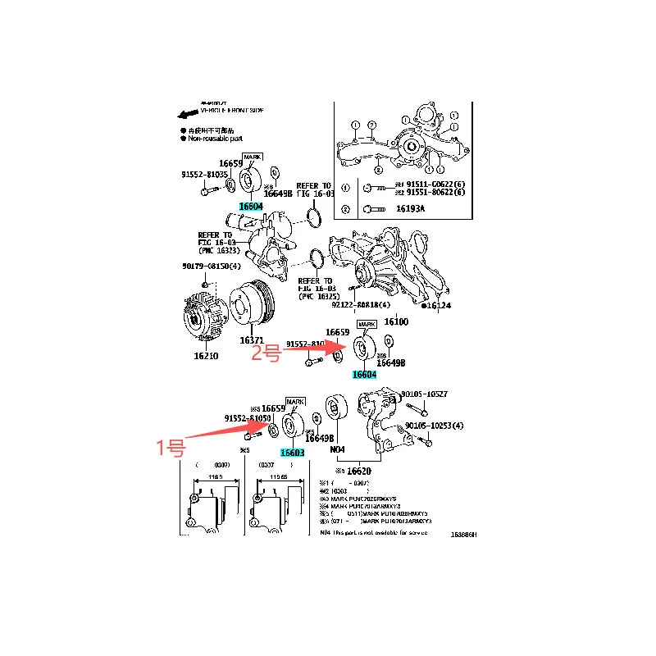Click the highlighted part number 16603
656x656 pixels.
[293, 453]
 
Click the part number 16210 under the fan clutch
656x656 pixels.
[206, 356]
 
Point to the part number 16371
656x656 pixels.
[253, 339]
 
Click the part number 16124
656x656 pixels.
[440, 306]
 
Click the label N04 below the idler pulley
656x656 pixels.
[338, 449]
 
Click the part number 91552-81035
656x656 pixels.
[205, 174]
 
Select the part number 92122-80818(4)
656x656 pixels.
[361, 303]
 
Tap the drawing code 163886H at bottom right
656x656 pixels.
[462, 534]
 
